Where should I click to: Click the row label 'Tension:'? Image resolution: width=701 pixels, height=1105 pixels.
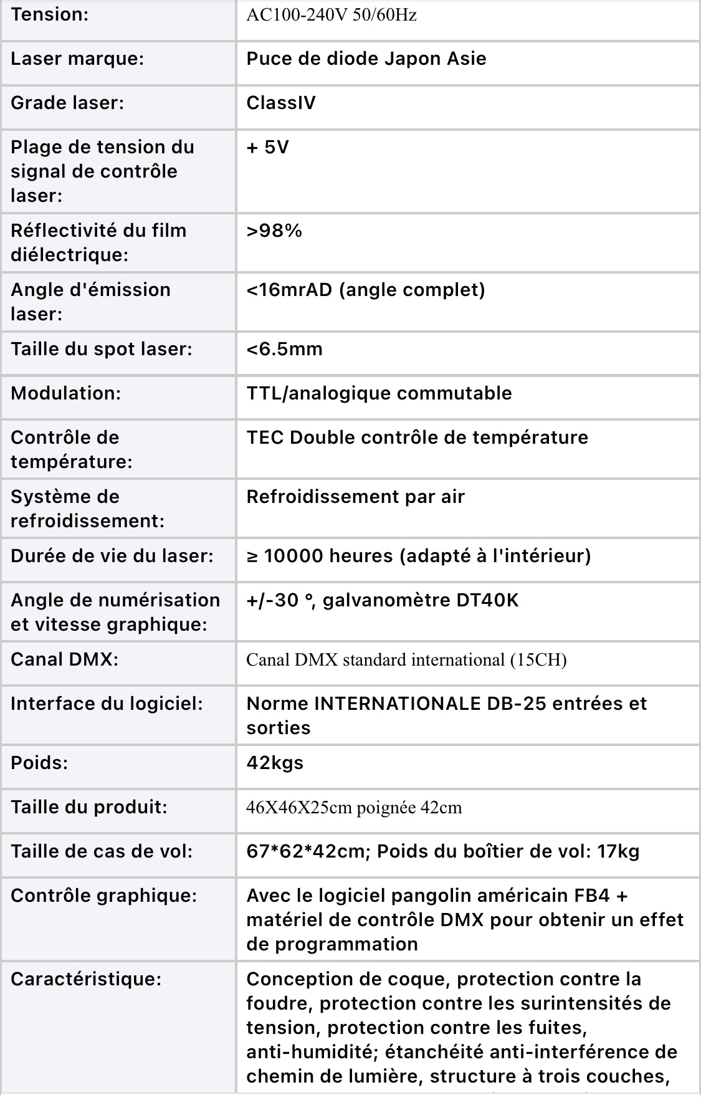tap(50, 15)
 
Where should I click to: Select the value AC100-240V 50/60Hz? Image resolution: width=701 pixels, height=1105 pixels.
tap(331, 15)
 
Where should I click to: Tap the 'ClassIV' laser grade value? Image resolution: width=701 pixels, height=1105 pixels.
tap(281, 103)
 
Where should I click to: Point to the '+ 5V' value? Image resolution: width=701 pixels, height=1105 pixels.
tap(268, 147)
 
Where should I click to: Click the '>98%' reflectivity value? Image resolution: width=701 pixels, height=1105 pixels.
tap(274, 231)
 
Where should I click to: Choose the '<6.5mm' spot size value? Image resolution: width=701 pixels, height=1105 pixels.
tap(285, 349)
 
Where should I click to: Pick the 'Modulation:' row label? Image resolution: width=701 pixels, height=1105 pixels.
tap(66, 393)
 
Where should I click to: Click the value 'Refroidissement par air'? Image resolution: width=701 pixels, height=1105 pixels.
tap(356, 497)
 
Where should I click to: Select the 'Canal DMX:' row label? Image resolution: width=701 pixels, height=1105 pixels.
tap(65, 659)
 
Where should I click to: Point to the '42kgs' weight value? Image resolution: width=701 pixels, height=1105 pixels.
tap(275, 763)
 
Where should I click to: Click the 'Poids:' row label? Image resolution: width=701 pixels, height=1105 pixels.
tap(39, 763)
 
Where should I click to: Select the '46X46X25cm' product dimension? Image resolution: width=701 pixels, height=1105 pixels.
tap(299, 808)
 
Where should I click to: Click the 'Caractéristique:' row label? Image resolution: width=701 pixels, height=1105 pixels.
tap(86, 979)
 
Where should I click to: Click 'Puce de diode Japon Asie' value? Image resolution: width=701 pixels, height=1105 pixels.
tap(366, 59)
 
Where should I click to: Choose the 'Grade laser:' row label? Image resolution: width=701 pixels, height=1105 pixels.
tap(67, 103)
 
